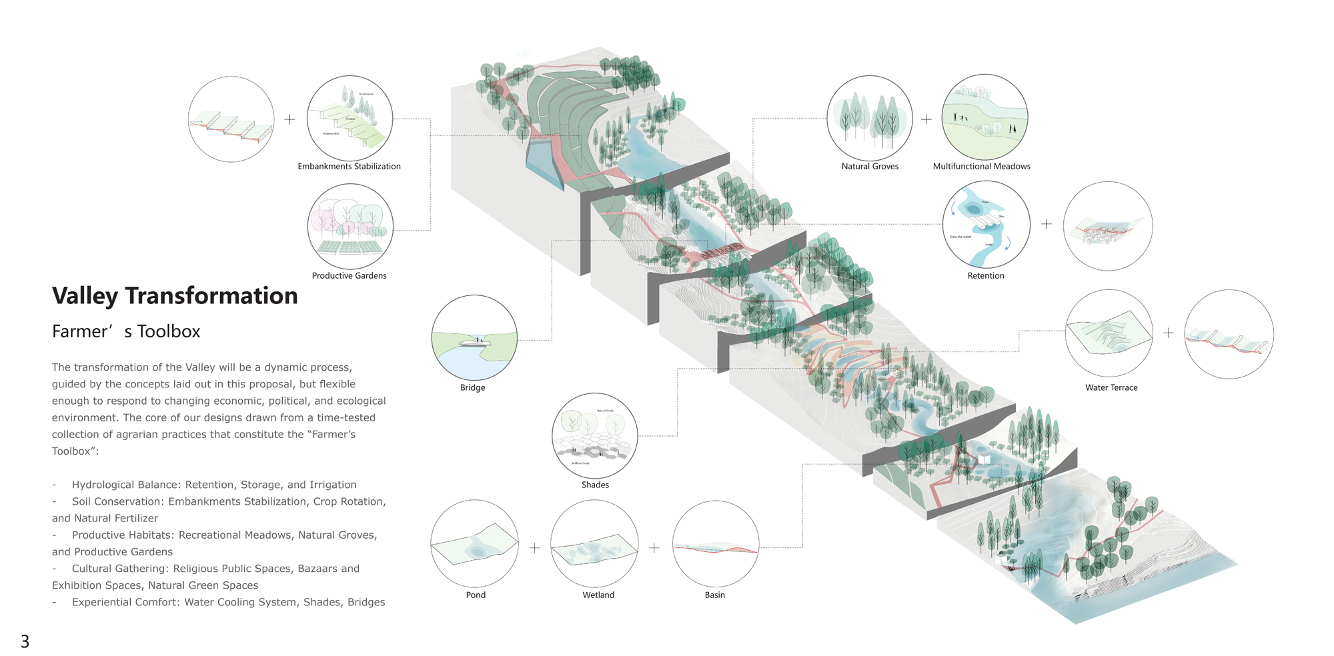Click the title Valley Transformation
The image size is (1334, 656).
click(175, 296)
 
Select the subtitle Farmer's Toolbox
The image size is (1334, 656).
click(126, 331)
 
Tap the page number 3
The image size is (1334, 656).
click(25, 641)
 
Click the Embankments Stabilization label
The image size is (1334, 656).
click(349, 167)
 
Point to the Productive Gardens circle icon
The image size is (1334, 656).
click(350, 227)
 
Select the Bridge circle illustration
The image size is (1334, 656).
click(474, 338)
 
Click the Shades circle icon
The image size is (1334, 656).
click(595, 436)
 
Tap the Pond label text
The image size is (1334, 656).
click(476, 595)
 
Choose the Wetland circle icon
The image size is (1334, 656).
click(594, 543)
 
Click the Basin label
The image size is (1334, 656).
click(714, 595)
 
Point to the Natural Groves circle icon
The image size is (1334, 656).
click(870, 118)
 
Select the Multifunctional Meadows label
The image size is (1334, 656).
click(981, 167)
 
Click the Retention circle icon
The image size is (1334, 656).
click(986, 225)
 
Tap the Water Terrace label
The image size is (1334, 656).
click(1111, 388)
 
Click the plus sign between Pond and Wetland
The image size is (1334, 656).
click(534, 548)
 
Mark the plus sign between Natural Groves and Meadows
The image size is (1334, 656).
click(926, 119)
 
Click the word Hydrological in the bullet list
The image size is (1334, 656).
click(104, 485)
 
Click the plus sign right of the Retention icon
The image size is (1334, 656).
click(1047, 225)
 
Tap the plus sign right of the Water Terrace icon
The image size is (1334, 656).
click(1168, 333)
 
